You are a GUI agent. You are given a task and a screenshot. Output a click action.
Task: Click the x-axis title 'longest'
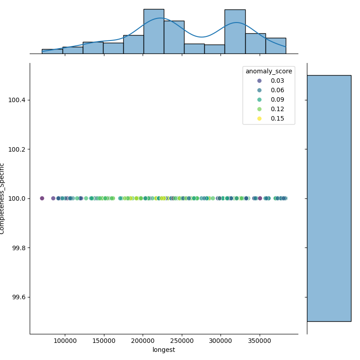(164, 350)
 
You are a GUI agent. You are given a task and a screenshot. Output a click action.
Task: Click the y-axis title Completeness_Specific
(3, 198)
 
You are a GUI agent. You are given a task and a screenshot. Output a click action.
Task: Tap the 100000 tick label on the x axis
(65, 341)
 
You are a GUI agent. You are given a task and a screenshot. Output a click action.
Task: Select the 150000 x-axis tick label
(104, 341)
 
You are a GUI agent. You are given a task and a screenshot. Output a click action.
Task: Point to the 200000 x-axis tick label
(143, 341)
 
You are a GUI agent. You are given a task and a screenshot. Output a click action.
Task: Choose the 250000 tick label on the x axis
(182, 341)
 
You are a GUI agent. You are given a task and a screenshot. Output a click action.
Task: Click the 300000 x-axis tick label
(221, 341)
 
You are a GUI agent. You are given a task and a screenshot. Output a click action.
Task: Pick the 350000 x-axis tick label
(260, 341)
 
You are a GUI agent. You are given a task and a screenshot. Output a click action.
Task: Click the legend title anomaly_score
(269, 71)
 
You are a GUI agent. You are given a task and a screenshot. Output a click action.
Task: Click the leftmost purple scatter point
(42, 198)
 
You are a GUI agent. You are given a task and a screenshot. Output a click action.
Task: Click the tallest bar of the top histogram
(153, 31)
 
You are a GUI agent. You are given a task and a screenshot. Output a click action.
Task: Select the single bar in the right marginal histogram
(328, 198)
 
